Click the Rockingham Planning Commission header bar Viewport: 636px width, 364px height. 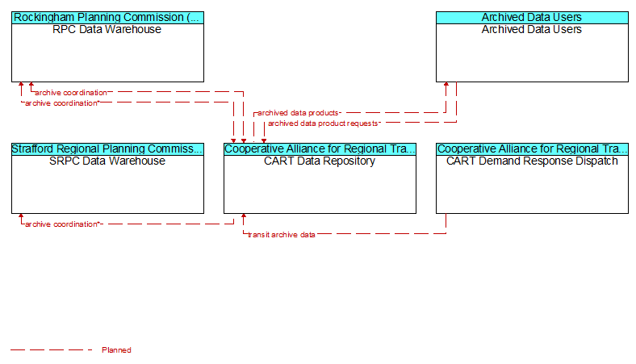(107, 18)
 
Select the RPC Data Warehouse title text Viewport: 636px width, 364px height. (107, 29)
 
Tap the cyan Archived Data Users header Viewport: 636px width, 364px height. (532, 18)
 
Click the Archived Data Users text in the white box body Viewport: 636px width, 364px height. (532, 29)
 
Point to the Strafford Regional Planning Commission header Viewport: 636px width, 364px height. (107, 149)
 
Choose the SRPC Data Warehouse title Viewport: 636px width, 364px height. (107, 161)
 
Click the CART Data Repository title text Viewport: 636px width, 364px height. (320, 161)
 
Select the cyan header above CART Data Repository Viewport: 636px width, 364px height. (320, 149)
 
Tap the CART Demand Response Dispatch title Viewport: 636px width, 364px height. (532, 161)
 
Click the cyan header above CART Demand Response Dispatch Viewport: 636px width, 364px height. (532, 149)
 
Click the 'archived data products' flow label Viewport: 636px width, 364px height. (298, 113)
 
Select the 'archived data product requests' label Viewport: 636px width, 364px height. (324, 123)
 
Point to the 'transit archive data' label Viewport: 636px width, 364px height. (282, 235)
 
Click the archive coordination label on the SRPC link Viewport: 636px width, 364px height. (61, 224)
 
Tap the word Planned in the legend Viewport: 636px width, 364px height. (116, 349)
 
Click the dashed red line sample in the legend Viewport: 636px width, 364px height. (52, 349)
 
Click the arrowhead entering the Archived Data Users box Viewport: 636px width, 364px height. (446, 85)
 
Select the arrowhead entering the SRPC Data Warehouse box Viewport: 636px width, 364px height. (21, 215)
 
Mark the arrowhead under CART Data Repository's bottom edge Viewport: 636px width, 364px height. (244, 215)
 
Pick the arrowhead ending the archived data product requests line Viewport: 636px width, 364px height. (264, 140)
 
